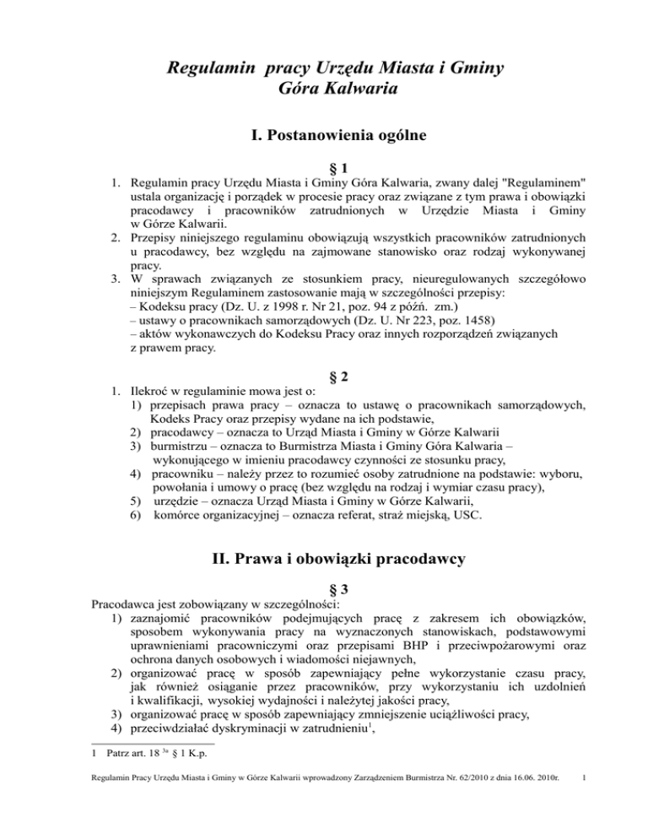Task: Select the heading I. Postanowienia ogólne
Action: pos(323,133)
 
